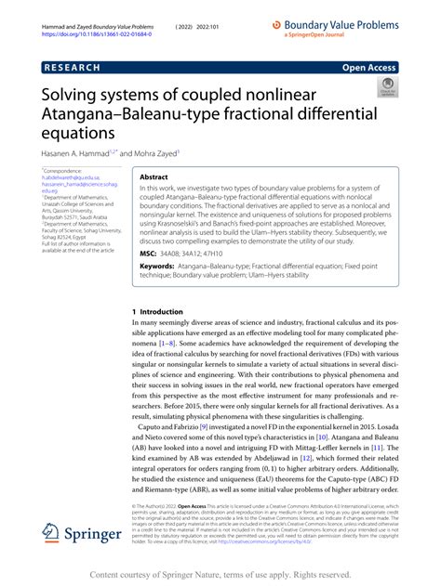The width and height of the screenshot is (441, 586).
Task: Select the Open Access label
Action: click(368, 68)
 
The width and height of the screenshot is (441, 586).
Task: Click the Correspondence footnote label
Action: click(62, 172)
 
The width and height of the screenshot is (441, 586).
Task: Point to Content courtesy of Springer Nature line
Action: click(220, 574)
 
